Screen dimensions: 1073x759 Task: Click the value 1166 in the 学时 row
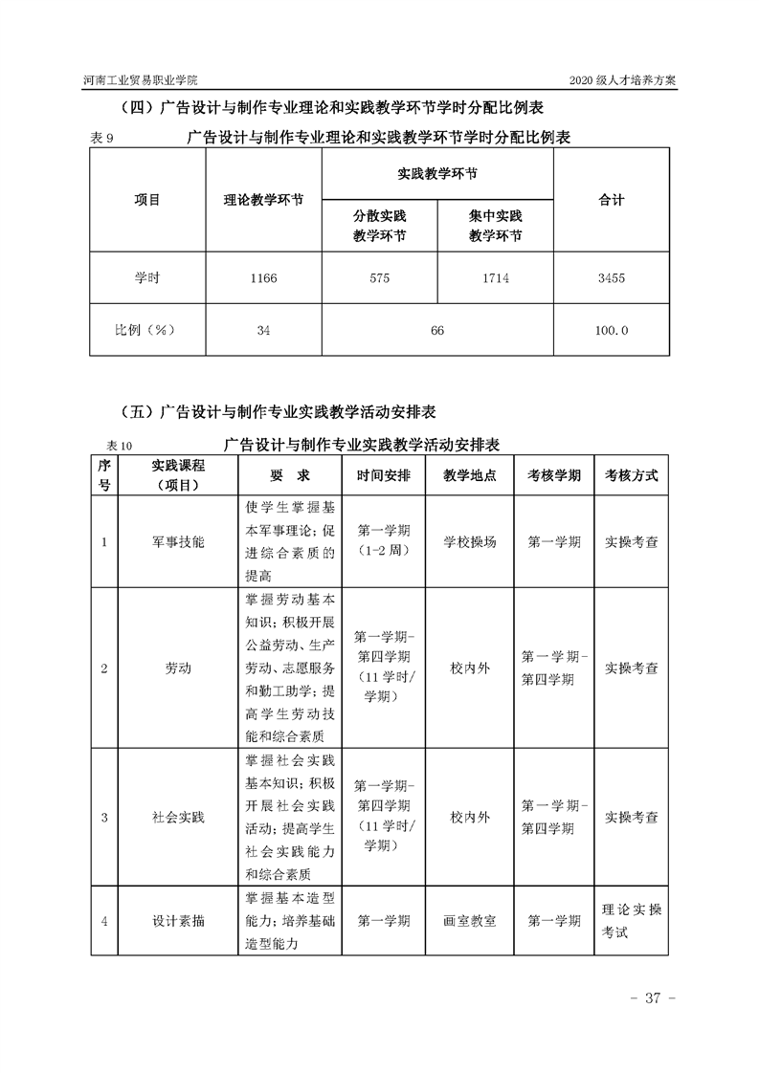tap(263, 277)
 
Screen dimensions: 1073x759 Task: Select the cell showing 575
tap(379, 277)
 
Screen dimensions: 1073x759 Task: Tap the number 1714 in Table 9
tap(495, 277)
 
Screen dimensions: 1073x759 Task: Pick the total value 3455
tap(611, 277)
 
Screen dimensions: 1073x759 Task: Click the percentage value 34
tap(263, 330)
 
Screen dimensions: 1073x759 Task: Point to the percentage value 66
tap(437, 330)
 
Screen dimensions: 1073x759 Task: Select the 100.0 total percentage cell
tap(611, 330)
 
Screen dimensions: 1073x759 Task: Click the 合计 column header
tap(611, 200)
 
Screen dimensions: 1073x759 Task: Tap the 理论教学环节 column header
tap(263, 201)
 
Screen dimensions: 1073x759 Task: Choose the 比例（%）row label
tap(147, 330)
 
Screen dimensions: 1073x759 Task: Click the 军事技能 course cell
tap(178, 541)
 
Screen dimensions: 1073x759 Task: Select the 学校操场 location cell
tap(469, 541)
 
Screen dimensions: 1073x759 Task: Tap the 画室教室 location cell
tap(469, 921)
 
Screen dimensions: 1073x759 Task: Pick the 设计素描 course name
tap(178, 921)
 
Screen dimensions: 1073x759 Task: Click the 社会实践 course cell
tap(178, 818)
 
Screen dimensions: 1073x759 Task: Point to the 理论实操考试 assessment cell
tap(631, 921)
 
